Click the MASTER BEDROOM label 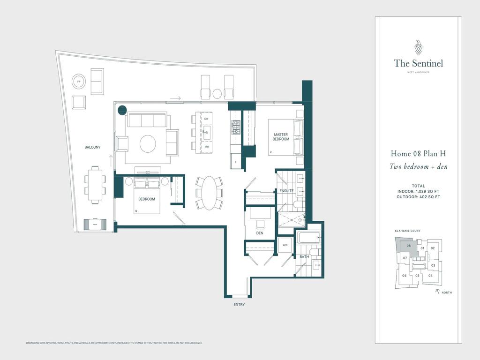(x=281, y=137)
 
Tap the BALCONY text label (x=92, y=147)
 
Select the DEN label (x=259, y=233)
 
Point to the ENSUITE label (x=286, y=191)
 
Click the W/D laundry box (x=285, y=245)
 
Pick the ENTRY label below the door (x=239, y=305)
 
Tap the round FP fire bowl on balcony (x=78, y=82)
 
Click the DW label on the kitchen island (x=206, y=119)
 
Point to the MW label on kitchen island (x=206, y=147)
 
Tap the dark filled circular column (x=122, y=110)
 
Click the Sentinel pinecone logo (x=418, y=47)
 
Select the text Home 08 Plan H (x=418, y=154)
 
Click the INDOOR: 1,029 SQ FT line (x=418, y=191)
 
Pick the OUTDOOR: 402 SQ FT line (x=418, y=197)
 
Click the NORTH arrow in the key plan (x=438, y=292)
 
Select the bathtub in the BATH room (x=308, y=238)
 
